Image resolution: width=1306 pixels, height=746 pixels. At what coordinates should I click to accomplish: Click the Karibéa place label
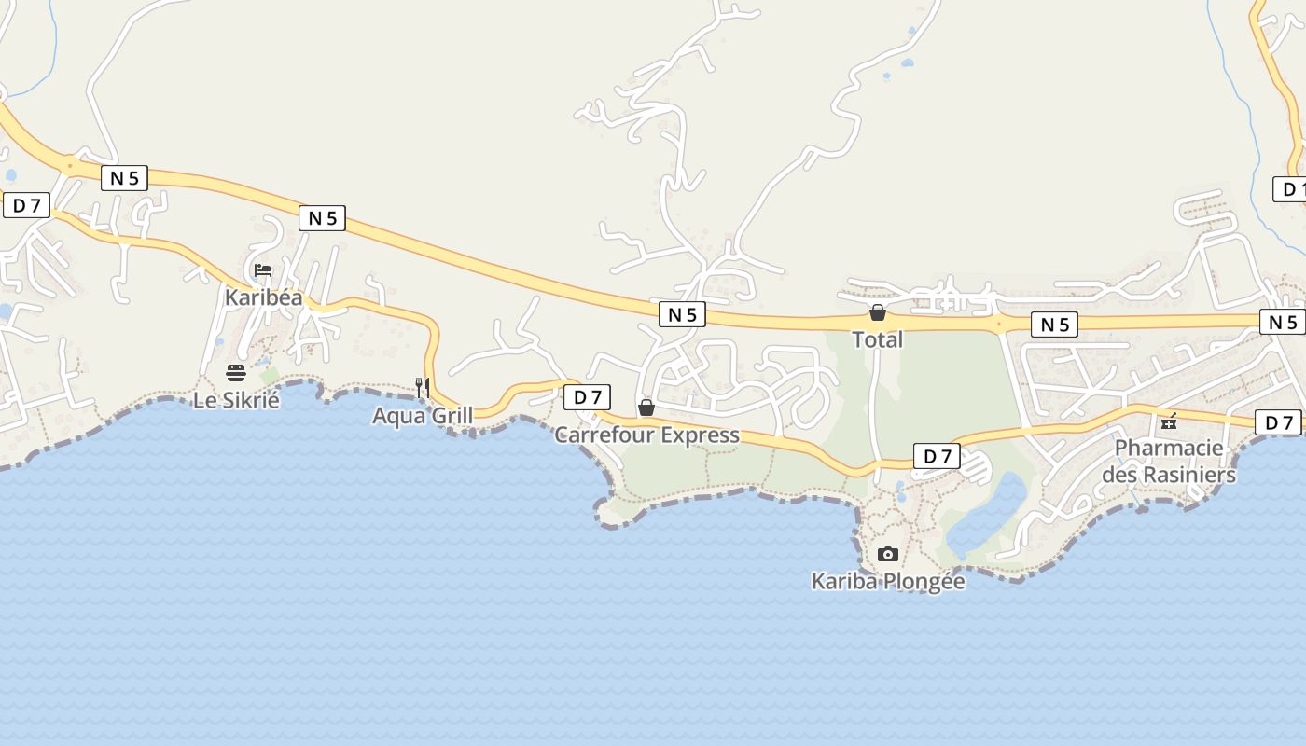264,297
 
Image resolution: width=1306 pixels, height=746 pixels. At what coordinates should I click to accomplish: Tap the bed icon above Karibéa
263,270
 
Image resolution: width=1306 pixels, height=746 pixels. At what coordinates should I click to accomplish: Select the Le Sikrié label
236,401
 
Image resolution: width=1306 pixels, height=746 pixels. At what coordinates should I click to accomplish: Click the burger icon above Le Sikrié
236,373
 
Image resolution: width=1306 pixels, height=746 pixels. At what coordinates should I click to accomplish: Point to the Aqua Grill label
423,416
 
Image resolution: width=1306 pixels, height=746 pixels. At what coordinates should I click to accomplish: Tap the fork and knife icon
423,387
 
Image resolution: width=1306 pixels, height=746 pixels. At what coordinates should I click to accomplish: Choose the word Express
699,435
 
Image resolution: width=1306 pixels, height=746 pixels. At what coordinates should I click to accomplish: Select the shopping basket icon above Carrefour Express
646,408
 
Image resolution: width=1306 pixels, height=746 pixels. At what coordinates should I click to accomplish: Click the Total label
878,339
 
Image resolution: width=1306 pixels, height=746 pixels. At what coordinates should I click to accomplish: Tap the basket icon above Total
878,312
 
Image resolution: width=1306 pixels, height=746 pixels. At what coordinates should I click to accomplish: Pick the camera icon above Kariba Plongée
887,554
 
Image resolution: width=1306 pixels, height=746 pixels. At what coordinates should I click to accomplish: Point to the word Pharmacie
1169,449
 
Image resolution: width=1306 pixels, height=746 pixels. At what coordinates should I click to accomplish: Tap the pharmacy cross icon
1169,422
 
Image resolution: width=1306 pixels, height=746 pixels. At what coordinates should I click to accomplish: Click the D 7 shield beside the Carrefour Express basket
587,397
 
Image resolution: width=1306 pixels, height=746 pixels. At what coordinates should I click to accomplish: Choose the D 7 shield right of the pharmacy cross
1278,422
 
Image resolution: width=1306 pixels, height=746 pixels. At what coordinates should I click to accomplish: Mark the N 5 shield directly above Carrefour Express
682,314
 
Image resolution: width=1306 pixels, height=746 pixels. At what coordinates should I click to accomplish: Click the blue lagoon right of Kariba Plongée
986,518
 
